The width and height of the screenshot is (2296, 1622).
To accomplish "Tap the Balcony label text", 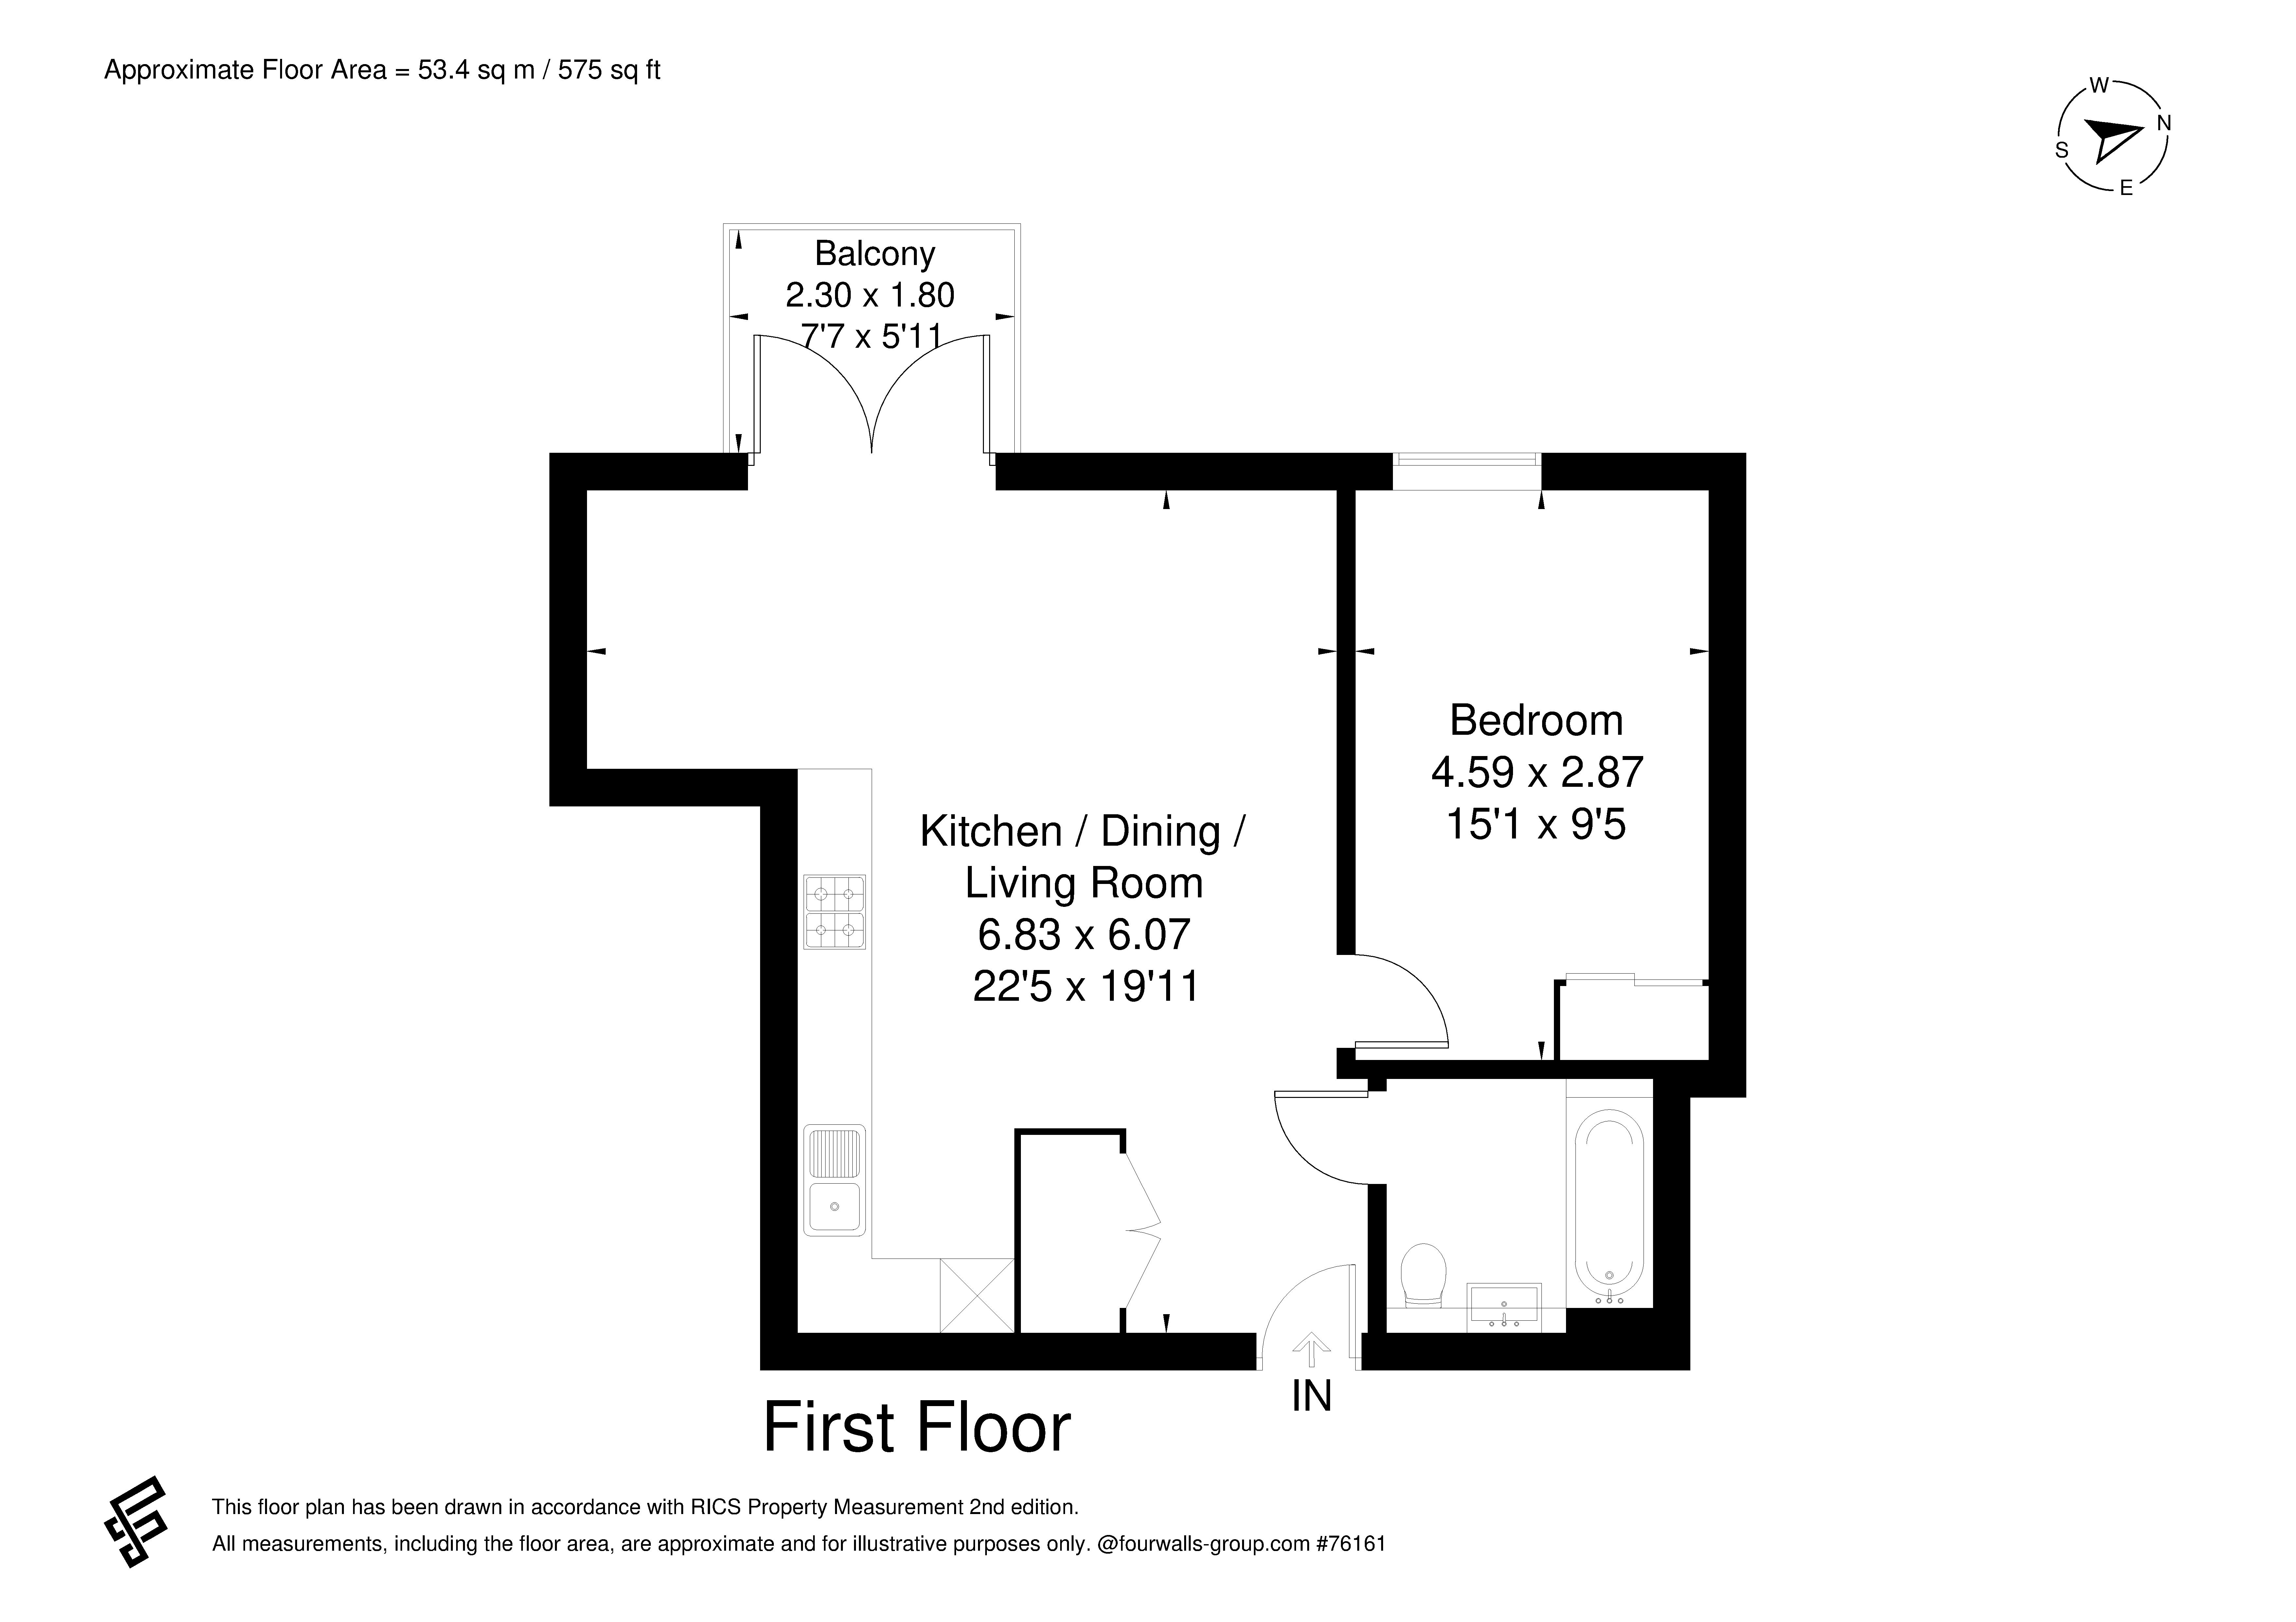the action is point(875,254).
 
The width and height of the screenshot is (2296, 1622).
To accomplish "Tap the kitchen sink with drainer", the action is point(834,1180).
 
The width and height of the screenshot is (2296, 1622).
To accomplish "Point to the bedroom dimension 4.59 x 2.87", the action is point(1537,772).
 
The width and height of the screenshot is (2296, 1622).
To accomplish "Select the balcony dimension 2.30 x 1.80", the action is point(870,295).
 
